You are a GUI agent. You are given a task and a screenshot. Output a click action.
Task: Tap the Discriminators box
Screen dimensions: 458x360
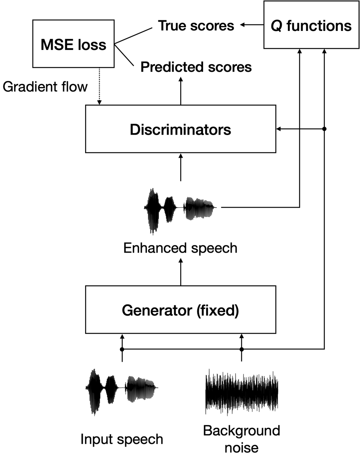(180, 129)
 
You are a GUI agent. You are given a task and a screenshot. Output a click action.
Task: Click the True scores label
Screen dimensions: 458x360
(196, 26)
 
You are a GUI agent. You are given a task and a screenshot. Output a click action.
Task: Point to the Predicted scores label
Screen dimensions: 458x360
(196, 67)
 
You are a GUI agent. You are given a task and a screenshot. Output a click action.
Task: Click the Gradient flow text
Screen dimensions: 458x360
(45, 87)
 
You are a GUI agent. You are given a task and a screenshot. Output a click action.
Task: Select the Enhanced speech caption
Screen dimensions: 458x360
(180, 248)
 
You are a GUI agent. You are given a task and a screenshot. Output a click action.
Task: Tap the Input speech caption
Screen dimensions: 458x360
(122, 439)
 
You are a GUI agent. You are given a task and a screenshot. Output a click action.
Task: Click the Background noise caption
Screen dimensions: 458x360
(241, 439)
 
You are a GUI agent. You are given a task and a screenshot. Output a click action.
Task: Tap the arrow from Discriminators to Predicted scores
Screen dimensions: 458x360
(181, 90)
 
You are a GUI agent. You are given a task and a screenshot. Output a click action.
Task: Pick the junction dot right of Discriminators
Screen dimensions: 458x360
(324, 129)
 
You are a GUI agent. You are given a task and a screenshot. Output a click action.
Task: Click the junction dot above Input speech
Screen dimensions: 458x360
(122, 349)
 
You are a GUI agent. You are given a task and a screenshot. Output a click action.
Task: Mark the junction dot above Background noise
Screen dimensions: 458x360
(242, 349)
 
